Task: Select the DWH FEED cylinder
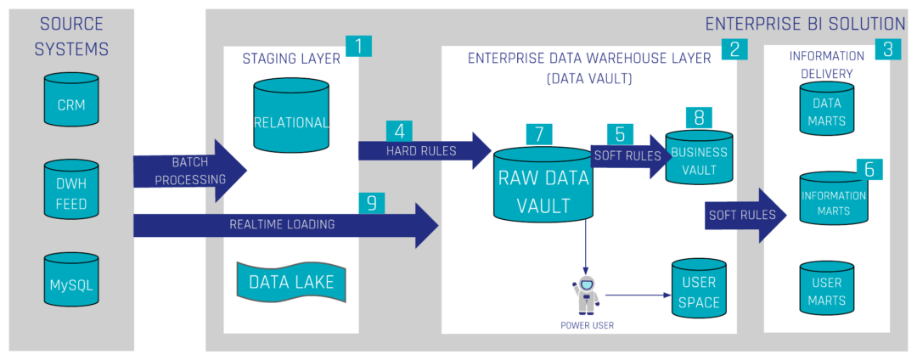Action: coord(72,194)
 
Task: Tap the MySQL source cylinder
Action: coord(72,281)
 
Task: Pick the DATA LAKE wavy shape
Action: coord(290,282)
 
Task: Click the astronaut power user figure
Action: coord(587,295)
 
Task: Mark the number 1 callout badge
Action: coord(359,46)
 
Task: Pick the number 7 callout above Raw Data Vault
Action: coord(538,133)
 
